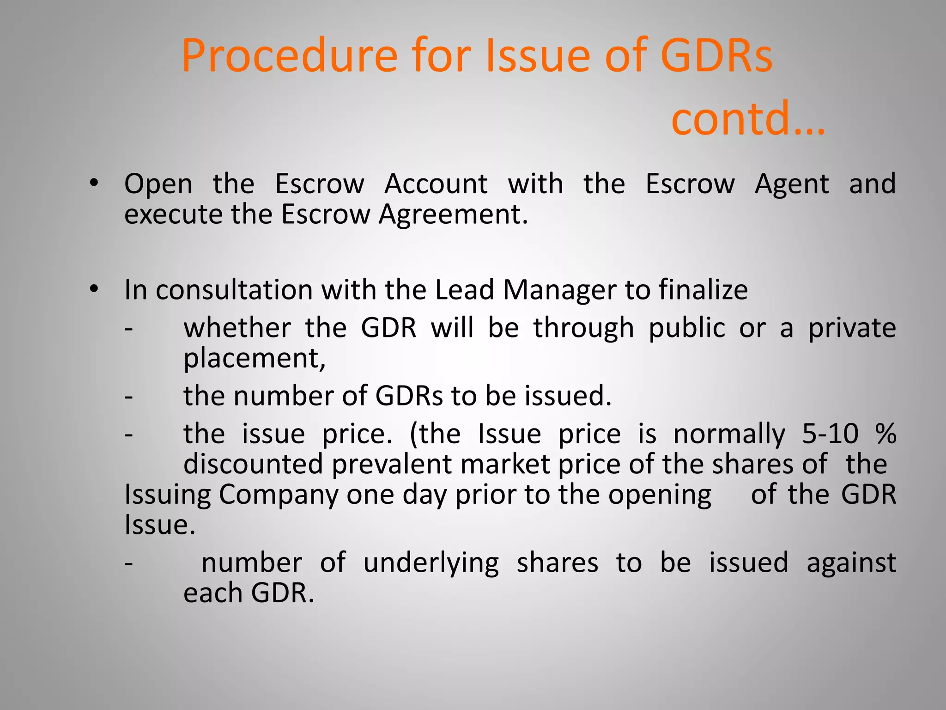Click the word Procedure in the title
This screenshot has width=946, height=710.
[x=289, y=56]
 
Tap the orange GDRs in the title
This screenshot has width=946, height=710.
[x=716, y=56]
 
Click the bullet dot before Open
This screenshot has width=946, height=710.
[x=94, y=183]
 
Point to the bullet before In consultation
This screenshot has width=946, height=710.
[x=94, y=289]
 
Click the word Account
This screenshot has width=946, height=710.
[x=436, y=184]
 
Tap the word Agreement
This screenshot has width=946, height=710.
[x=453, y=215]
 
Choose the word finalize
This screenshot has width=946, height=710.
[x=703, y=290]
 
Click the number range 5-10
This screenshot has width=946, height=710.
[x=830, y=434]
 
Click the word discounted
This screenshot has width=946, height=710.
[x=253, y=464]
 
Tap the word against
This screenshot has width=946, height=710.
[x=851, y=563]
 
